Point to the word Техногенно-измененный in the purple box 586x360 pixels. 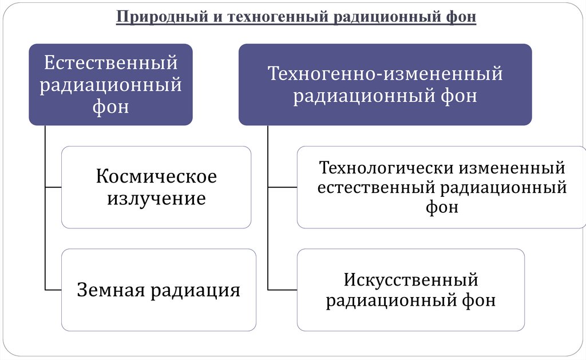pyautogui.click(x=385, y=74)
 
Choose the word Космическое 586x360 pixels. pyautogui.click(x=156, y=176)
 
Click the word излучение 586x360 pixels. pyautogui.click(x=156, y=199)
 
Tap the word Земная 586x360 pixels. pyautogui.click(x=111, y=290)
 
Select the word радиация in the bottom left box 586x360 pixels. pyautogui.click(x=195, y=290)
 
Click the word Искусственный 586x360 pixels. pyautogui.click(x=411, y=280)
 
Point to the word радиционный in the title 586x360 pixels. pyautogui.click(x=378, y=17)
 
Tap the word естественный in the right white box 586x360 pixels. pyautogui.click(x=374, y=187)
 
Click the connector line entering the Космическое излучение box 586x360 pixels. pyautogui.click(x=53, y=187)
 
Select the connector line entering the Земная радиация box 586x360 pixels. pyautogui.click(x=53, y=290)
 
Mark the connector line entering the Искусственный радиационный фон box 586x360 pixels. pyautogui.click(x=282, y=290)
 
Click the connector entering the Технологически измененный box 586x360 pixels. pyautogui.click(x=282, y=187)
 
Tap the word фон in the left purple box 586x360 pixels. pyautogui.click(x=111, y=107)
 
